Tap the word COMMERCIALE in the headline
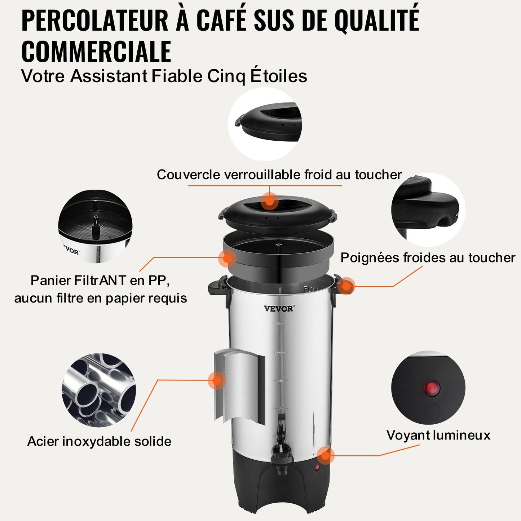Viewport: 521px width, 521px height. tap(96, 52)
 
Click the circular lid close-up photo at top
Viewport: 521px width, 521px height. tap(265, 124)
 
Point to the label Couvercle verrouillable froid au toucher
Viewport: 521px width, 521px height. tap(279, 175)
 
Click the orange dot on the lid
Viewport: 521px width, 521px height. tap(269, 201)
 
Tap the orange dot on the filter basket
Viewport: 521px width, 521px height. tap(227, 258)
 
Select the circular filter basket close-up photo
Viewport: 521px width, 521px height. tap(95, 227)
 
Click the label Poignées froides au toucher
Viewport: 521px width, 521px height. tap(428, 258)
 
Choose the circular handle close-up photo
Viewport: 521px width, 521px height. tap(428, 209)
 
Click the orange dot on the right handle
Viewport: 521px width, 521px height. tap(346, 286)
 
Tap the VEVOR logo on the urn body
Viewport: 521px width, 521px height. tap(279, 309)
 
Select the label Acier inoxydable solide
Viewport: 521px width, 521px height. tap(99, 441)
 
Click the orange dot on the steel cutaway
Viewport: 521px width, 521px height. tap(217, 380)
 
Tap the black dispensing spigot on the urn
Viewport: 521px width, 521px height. tap(281, 451)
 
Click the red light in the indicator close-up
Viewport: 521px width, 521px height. tap(431, 388)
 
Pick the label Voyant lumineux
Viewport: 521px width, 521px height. tap(438, 435)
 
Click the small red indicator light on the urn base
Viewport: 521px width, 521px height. tap(317, 468)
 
